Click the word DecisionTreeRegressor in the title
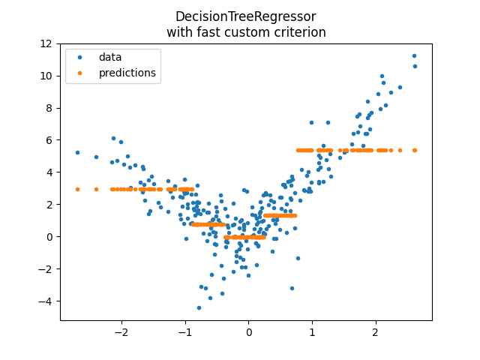point(245,16)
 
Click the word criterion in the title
point(298,32)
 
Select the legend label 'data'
point(110,57)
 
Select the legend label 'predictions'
point(127,73)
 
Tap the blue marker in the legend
point(81,57)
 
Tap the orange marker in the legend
point(81,73)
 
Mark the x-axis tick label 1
point(312,331)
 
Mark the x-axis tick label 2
point(376,331)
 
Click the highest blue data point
point(414,55)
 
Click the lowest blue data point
point(199,307)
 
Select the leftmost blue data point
point(77,152)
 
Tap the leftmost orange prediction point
point(77,189)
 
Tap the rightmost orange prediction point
point(415,150)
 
